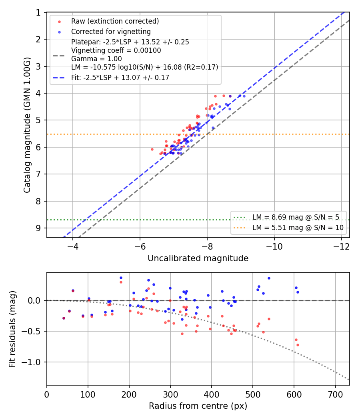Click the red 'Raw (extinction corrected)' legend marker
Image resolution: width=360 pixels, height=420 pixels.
60,22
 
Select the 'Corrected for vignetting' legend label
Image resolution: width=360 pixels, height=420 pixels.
111,32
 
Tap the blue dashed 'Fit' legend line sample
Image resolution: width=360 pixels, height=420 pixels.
59,78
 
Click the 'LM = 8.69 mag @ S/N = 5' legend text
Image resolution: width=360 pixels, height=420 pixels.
296,217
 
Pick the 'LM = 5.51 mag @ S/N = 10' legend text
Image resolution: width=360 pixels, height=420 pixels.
298,228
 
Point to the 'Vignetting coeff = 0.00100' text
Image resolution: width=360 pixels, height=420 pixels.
116,50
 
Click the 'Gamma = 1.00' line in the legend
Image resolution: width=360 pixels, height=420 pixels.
96,59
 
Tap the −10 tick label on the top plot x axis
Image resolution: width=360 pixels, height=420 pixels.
274,247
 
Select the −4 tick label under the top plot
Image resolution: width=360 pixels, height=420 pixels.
72,247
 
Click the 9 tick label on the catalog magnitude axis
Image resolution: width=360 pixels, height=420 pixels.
38,228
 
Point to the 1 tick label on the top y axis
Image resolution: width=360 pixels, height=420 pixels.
38,12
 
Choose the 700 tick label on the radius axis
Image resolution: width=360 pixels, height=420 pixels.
335,394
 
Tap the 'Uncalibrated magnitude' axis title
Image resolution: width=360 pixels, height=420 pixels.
198,258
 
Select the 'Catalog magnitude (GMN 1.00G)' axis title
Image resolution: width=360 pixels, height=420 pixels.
27,125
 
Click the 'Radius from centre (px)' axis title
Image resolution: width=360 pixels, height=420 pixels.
198,406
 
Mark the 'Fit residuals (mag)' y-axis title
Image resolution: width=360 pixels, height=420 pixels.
12,329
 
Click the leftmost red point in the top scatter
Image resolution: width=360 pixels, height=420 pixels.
152,150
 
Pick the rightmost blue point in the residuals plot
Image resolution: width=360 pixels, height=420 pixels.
298,292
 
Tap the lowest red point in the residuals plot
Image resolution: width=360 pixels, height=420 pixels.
298,345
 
